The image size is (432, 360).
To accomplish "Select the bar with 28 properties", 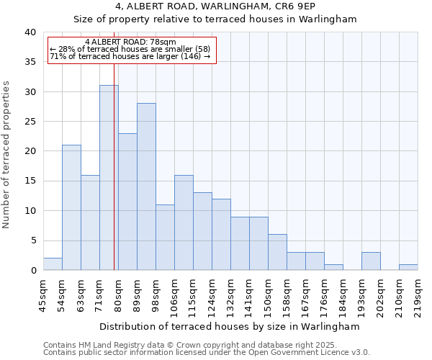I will click(x=146, y=186).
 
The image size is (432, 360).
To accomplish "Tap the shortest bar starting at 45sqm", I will click(x=53, y=264).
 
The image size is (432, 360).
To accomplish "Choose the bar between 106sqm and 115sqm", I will click(x=184, y=222).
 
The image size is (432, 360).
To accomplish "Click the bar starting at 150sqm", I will click(x=277, y=252).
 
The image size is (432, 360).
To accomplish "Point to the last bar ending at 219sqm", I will click(x=408, y=267).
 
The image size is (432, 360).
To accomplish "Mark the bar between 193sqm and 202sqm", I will click(x=371, y=261).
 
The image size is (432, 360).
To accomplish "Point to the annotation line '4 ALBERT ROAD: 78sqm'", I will click(x=130, y=42).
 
